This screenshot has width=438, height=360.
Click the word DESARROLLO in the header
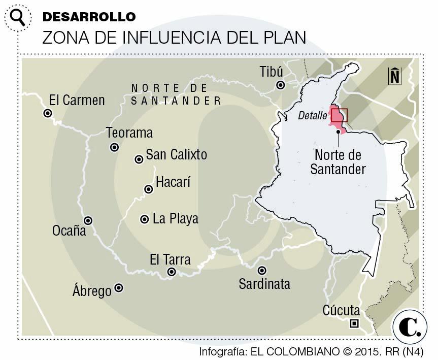89,16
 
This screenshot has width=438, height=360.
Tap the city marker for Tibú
279,85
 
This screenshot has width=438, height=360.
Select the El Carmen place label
77,100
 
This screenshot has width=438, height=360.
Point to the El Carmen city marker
48,114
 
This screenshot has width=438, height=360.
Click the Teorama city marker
114,148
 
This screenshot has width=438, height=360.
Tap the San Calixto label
176,154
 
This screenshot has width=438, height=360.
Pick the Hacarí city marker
149,189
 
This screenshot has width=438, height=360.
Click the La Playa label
175,219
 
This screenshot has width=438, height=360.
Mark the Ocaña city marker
88,221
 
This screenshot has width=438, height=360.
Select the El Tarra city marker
172,272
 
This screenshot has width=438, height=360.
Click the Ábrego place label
92,291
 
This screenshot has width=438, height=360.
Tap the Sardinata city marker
262,271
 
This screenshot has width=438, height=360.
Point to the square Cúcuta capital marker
354,323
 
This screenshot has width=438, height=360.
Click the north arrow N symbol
394,76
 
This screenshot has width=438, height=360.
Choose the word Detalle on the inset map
312,116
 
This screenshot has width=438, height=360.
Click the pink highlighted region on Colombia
337,122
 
